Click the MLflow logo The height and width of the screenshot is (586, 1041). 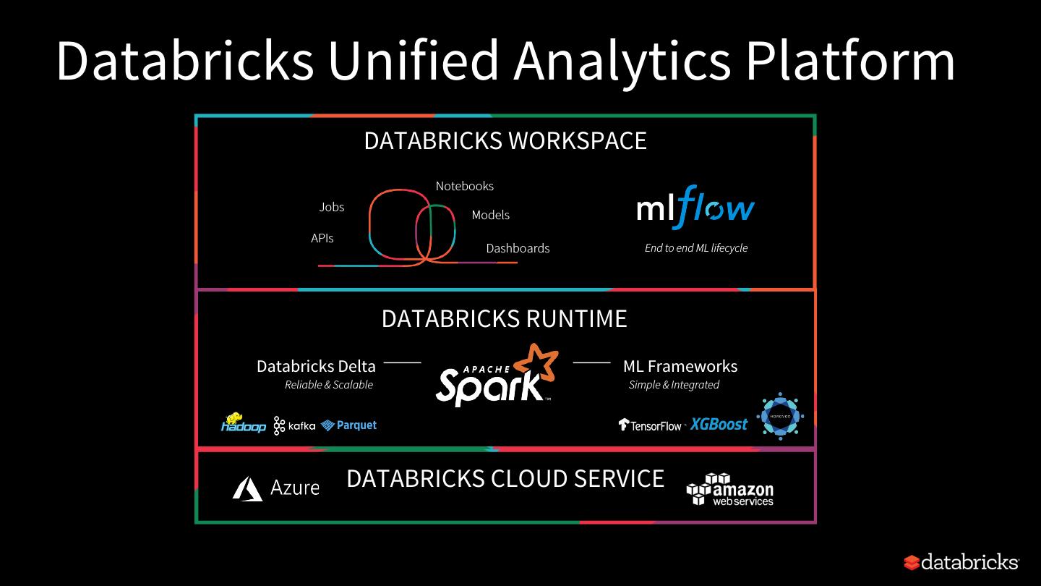(695, 208)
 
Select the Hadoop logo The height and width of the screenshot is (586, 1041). (243, 423)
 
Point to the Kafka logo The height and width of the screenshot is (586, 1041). (294, 425)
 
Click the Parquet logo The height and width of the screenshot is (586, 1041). (349, 425)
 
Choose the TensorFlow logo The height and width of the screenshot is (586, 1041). (650, 425)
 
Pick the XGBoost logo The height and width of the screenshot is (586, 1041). (719, 424)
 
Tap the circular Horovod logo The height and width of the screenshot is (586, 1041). (780, 416)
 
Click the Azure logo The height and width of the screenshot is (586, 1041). (276, 488)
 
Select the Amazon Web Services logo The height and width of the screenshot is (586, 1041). (730, 490)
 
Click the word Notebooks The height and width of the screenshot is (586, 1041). (465, 186)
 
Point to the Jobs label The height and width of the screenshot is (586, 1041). (332, 207)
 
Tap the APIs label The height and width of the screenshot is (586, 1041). (322, 238)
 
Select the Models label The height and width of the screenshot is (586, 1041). (491, 215)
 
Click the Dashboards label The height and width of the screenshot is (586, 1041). (518, 248)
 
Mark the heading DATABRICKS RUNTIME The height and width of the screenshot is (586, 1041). (505, 318)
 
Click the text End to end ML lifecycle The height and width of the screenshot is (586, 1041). (696, 248)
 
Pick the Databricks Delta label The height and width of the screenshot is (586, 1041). (316, 366)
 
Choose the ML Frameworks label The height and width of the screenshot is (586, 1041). (680, 366)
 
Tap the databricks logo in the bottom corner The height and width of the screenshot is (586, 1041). (961, 562)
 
